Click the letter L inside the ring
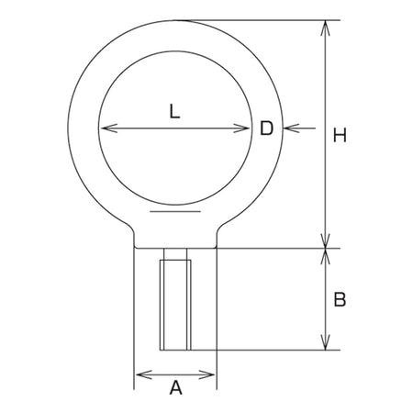pos(174,111)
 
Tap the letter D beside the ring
pos(266,128)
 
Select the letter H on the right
pos(340,135)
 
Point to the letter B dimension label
pos(340,299)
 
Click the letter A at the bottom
pos(176,387)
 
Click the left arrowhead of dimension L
pos(108,128)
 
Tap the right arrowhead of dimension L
pos(241,128)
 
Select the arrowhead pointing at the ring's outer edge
pos(292,128)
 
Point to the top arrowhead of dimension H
pos(325,28)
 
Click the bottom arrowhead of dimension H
pos(325,240)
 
